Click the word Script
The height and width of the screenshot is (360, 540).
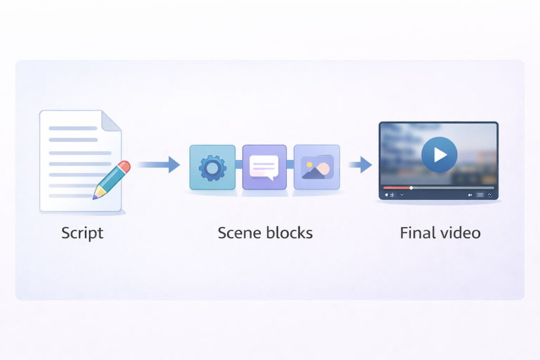(82, 233)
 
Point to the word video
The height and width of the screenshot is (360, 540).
(459, 233)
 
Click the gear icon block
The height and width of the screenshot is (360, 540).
(213, 167)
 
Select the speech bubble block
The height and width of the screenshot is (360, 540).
(264, 167)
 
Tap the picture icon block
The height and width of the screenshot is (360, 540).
(316, 167)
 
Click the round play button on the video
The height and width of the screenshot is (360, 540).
(439, 154)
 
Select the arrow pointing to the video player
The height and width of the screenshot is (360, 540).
(360, 166)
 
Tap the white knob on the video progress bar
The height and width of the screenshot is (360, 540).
(411, 188)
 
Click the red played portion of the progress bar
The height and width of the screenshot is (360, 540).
(397, 188)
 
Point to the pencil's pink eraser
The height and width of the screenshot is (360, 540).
(124, 167)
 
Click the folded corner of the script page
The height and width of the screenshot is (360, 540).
(112, 121)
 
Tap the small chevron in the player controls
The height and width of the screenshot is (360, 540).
(402, 195)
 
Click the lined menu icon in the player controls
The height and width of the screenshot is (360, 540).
(480, 195)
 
